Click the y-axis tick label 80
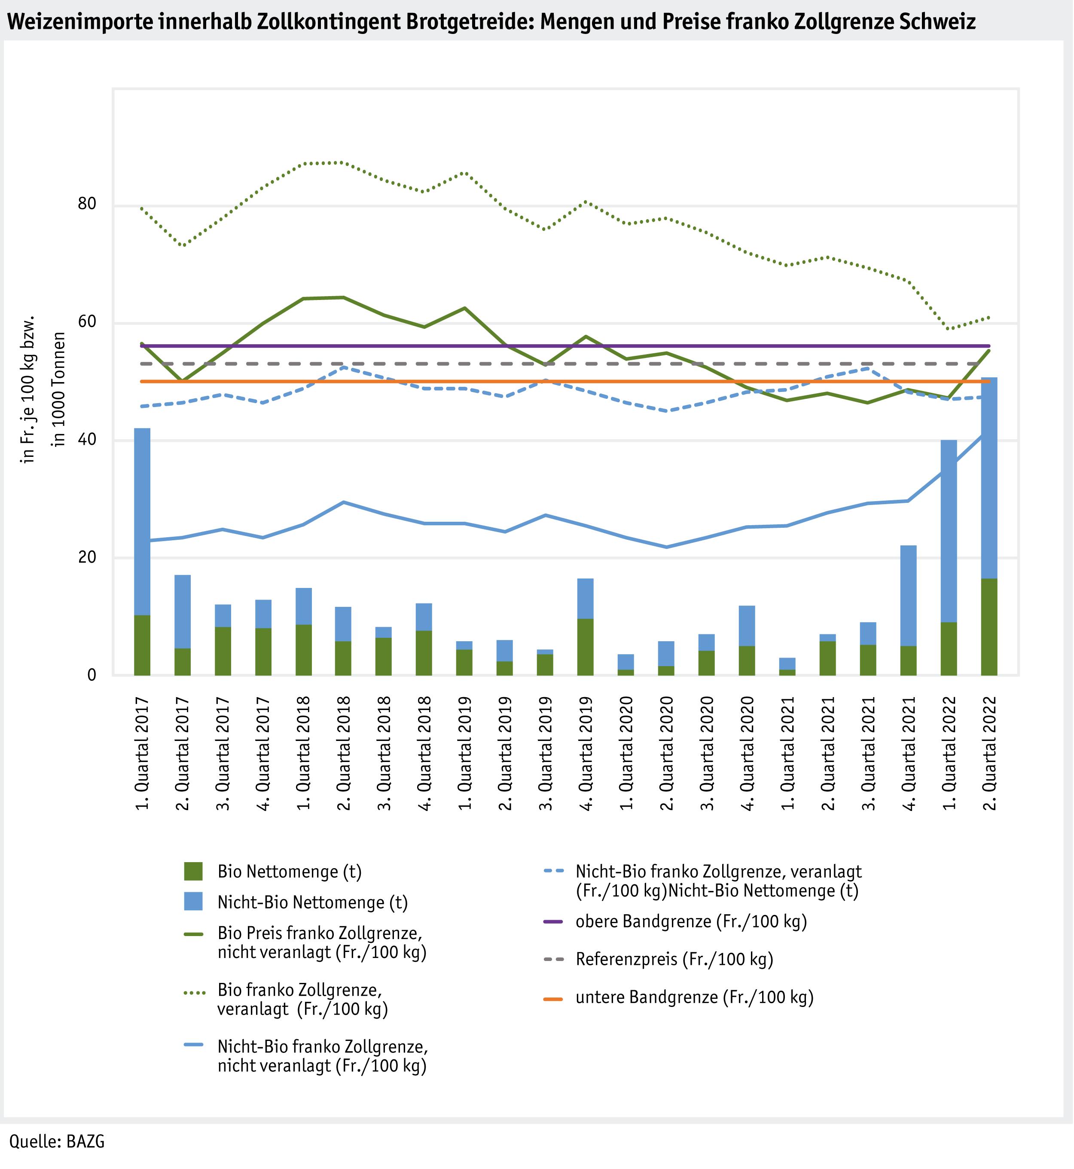tap(87, 205)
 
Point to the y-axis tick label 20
tap(87, 557)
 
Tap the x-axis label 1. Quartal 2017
tap(142, 753)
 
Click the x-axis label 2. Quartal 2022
tap(989, 753)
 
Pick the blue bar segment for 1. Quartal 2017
tap(142, 521)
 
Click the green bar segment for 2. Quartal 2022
tap(989, 627)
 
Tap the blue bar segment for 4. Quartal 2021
tap(908, 595)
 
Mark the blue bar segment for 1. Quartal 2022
tap(949, 531)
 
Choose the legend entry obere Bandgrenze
tap(691, 921)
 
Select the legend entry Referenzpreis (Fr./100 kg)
tap(674, 959)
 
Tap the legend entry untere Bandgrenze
tap(695, 997)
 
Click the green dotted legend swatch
tap(193, 993)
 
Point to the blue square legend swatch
tap(193, 902)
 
